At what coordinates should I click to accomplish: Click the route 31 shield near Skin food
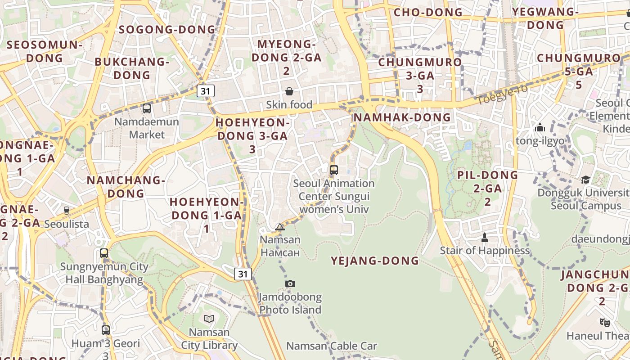coord(206,91)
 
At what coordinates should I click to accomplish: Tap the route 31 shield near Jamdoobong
coord(243,274)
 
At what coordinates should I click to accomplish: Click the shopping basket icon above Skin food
coord(289,91)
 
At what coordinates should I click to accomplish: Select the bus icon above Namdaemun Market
coord(147,108)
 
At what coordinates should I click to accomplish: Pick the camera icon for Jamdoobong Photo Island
coord(290,283)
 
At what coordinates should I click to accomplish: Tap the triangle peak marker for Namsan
coord(280,227)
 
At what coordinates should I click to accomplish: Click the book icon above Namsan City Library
coord(209,319)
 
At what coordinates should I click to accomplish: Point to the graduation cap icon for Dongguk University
coord(585,180)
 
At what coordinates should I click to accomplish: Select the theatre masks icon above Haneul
coord(605,322)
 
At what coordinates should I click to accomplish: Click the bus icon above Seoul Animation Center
coord(333,170)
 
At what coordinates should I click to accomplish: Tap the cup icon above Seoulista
coord(67,210)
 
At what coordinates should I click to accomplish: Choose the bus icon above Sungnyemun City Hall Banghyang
coord(104,253)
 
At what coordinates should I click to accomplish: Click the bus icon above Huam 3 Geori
coord(106,330)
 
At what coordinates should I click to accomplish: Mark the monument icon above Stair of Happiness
coord(485,237)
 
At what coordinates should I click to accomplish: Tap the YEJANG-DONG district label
coord(375,261)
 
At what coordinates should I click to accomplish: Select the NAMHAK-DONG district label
coord(402,117)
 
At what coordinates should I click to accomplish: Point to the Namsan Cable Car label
coord(332,346)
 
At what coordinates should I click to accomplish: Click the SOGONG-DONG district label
coord(167,30)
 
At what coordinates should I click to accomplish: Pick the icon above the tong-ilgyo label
coord(540,128)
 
